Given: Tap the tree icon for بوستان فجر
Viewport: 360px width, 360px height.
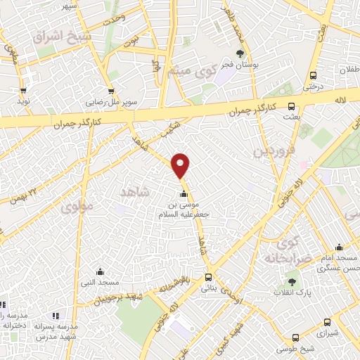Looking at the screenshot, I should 240,53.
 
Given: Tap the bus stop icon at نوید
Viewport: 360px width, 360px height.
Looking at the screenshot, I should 23,90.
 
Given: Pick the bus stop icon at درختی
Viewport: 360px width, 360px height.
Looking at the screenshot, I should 312,76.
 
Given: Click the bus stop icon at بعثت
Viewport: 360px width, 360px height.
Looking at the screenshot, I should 292,108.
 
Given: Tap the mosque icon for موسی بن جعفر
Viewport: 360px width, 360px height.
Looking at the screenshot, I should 184,193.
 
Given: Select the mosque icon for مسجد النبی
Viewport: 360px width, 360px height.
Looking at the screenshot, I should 99,271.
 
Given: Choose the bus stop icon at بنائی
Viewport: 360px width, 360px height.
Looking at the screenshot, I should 208,277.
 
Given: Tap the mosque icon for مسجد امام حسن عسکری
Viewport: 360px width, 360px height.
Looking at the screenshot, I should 339,247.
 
